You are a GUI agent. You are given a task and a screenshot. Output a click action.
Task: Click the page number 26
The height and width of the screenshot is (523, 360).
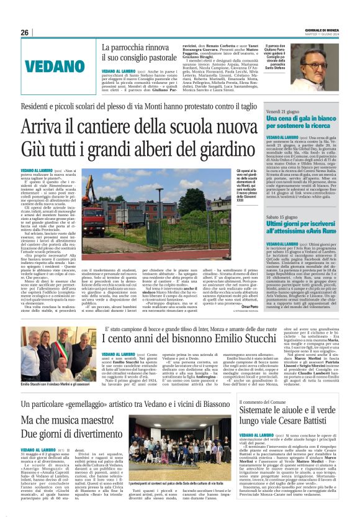coord(25,32)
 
